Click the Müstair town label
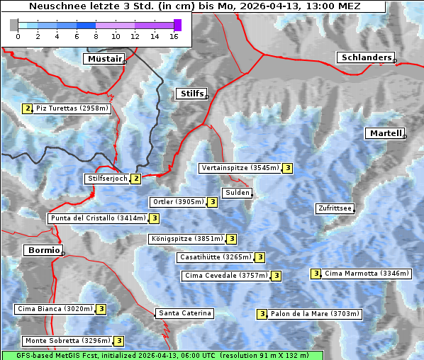104,59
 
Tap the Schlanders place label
365,57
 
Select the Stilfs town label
190,94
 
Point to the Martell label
385,133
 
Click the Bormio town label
43,250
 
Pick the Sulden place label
236,193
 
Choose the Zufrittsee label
334,208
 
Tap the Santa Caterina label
184,313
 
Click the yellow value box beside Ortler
213,202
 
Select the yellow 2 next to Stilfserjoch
135,179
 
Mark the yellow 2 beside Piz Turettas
28,108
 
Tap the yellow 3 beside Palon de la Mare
262,314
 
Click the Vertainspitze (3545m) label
240,168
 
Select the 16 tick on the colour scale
174,36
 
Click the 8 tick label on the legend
96,36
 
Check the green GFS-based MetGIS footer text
162,354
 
